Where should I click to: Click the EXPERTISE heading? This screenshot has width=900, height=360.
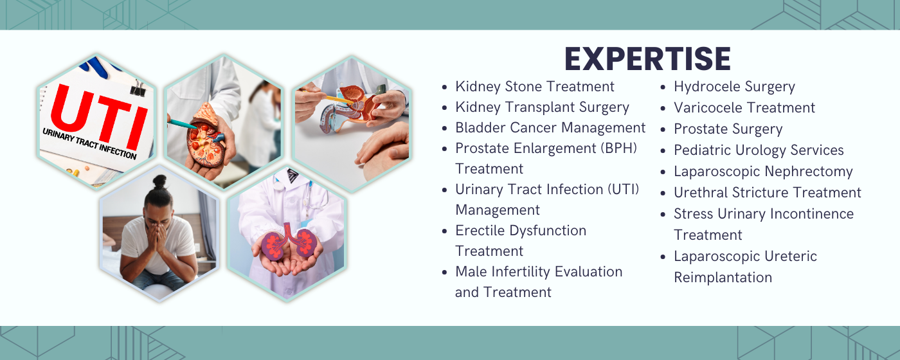pos(647,59)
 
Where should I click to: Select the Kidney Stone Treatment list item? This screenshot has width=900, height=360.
pos(535,87)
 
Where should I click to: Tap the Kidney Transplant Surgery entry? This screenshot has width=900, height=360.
pos(542,107)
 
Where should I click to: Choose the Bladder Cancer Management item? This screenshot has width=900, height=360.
pos(550,128)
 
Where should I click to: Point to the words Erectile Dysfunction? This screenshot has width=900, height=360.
pos(521,231)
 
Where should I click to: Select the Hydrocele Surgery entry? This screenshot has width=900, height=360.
pos(734,87)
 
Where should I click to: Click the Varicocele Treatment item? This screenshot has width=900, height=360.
pos(744,108)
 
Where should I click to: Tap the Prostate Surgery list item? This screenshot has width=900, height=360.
pos(728,129)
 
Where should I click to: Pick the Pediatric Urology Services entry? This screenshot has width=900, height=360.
pos(759,150)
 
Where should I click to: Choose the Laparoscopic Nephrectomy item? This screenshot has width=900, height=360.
pos(763,172)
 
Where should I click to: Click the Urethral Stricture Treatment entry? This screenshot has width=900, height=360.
pos(768,193)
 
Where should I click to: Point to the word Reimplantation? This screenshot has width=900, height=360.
pos(723,278)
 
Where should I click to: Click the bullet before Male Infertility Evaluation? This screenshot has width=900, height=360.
pos(445,273)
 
